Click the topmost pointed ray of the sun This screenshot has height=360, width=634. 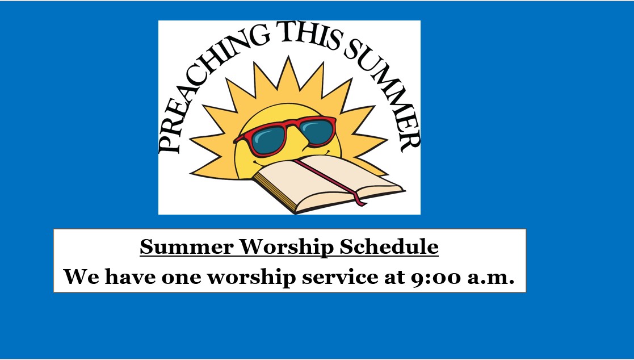click(x=288, y=71)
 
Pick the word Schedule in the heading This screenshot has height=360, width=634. click(x=389, y=246)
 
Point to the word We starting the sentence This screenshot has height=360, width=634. click(x=81, y=277)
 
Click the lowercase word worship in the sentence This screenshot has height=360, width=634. click(x=251, y=278)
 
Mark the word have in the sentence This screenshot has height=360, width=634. click(x=130, y=277)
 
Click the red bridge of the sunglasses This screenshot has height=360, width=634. click(x=294, y=126)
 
